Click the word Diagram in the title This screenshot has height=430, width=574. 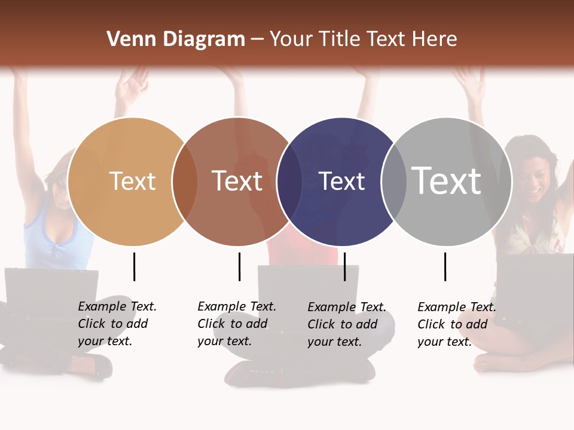203,39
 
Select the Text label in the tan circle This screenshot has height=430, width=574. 133,181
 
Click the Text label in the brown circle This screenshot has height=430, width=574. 237,181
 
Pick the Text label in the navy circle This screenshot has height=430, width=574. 342,181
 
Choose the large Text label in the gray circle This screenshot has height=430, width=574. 447,180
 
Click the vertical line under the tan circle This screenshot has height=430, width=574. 134,266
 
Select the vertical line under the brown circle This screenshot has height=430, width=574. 239,266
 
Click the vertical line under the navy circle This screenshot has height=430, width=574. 344,266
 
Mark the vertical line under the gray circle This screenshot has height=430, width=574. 445,266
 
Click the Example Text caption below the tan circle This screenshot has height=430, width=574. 117,324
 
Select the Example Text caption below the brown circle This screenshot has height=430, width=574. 236,324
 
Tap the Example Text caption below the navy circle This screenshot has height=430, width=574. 346,324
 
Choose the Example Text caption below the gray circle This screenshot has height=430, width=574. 456,324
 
